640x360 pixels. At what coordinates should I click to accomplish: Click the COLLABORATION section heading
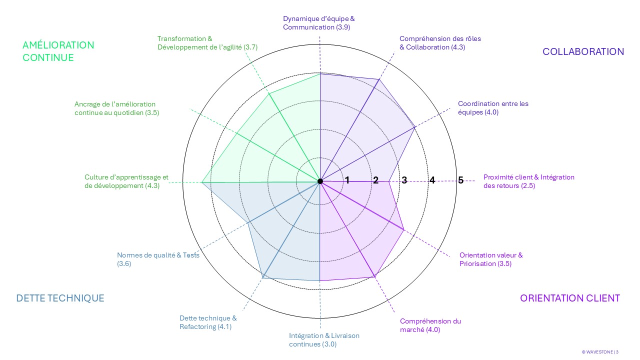click(x=583, y=51)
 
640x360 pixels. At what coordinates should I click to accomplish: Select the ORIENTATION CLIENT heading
click(x=569, y=298)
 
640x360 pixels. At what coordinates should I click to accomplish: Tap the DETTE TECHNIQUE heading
click(x=60, y=298)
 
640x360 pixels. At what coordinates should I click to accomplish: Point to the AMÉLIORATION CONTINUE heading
click(x=58, y=51)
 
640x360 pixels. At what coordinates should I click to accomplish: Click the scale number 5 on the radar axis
click(x=460, y=180)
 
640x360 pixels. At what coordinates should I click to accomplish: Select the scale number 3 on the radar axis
click(x=404, y=180)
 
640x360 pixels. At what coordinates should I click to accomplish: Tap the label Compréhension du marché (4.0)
click(x=430, y=325)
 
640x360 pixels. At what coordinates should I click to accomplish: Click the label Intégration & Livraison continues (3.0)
click(x=324, y=340)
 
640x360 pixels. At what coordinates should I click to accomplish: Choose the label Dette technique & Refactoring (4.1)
click(x=207, y=322)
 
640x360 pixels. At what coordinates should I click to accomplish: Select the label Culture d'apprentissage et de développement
click(x=126, y=181)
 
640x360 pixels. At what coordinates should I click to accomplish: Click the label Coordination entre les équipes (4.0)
click(x=492, y=108)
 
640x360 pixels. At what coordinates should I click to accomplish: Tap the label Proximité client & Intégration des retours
click(x=528, y=181)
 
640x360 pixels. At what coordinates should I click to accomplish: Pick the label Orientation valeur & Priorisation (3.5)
click(x=491, y=259)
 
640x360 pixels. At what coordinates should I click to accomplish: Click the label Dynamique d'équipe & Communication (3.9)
click(x=318, y=23)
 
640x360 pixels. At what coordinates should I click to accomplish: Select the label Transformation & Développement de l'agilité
click(x=207, y=42)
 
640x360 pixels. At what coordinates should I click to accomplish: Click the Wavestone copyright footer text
click(x=599, y=352)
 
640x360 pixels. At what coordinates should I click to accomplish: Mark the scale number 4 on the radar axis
click(x=432, y=180)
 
